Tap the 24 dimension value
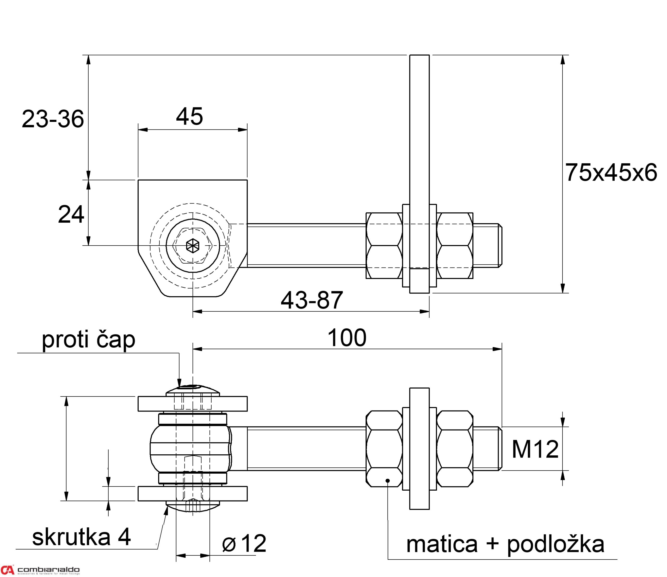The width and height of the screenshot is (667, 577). (71, 214)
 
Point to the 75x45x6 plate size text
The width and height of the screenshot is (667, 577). (611, 172)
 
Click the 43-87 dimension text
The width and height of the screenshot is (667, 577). (312, 300)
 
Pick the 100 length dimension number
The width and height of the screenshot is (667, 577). (347, 338)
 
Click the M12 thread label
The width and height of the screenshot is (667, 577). (535, 449)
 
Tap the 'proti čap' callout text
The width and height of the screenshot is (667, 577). (88, 340)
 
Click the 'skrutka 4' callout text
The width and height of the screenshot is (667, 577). (82, 537)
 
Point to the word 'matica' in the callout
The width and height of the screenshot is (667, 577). (442, 544)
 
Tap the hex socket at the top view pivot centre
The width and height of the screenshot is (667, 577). (193, 246)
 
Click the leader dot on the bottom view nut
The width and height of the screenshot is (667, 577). (388, 481)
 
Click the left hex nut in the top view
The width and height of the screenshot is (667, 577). (384, 246)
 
